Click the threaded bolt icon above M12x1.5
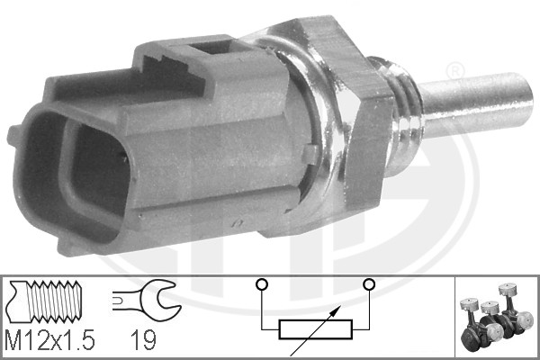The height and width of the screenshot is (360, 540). pos(52,300)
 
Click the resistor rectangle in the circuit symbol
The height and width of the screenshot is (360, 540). pos(315,329)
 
